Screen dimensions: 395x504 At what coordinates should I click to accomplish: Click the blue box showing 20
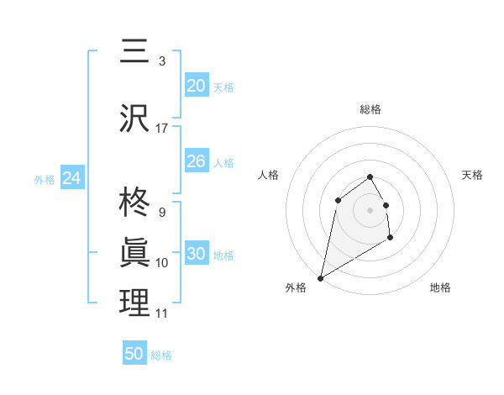tap(197, 86)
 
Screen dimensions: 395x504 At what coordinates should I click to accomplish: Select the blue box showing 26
tap(197, 161)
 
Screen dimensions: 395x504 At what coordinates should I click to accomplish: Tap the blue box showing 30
tap(197, 254)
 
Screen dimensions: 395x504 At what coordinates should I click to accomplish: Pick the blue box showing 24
tap(72, 178)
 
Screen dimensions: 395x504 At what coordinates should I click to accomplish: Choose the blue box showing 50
tap(134, 354)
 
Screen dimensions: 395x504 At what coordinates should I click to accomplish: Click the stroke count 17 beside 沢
tap(162, 129)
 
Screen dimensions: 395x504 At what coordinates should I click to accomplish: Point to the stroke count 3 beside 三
tap(162, 61)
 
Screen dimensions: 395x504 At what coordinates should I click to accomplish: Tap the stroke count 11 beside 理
tap(162, 313)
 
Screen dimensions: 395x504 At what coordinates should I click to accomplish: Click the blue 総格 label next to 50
tap(161, 355)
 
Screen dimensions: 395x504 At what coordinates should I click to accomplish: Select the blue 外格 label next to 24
tap(45, 180)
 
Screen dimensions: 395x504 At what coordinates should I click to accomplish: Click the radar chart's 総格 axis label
tap(370, 109)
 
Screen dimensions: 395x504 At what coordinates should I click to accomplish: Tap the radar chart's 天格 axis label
tap(473, 175)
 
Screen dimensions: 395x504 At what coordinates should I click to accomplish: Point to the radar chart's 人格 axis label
tap(268, 175)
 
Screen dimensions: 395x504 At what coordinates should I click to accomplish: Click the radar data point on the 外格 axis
tap(320, 277)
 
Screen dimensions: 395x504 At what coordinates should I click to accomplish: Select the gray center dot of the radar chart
tap(370, 209)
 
